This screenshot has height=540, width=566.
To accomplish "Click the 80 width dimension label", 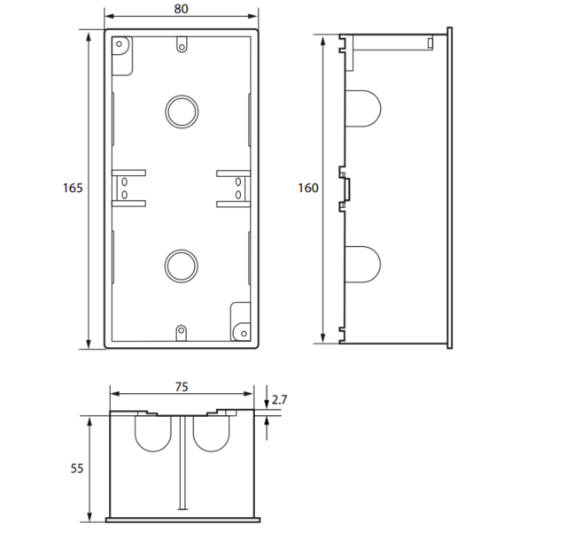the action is coord(181,9).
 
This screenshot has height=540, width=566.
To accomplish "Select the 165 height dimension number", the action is coord(73,188).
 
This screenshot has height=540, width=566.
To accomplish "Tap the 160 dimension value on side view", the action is coord(308,188).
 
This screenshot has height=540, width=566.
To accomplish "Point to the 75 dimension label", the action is coord(182,387).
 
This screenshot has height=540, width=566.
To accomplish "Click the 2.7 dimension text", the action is coord(279,399).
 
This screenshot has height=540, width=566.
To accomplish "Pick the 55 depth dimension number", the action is coord(76,468).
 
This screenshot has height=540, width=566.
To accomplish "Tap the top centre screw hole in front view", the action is coord(182,47).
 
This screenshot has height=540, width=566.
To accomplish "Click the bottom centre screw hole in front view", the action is coord(182,330).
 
